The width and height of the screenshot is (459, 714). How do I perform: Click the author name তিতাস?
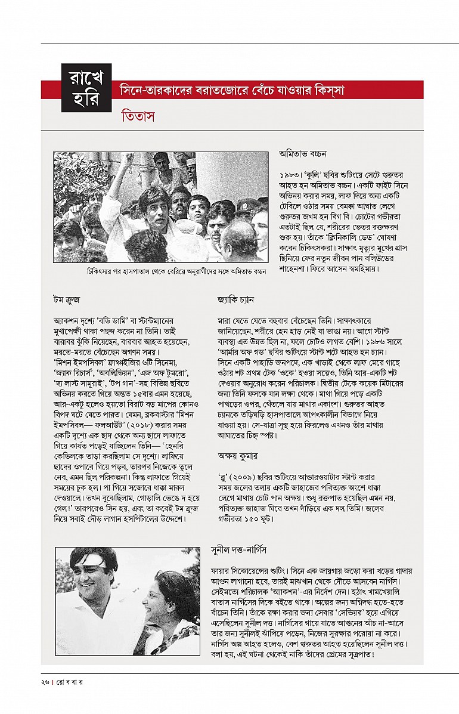[x=138, y=116]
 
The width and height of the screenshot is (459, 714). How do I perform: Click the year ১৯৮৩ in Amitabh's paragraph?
[x=290, y=175]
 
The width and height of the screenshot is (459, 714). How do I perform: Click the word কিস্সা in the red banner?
[x=325, y=91]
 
